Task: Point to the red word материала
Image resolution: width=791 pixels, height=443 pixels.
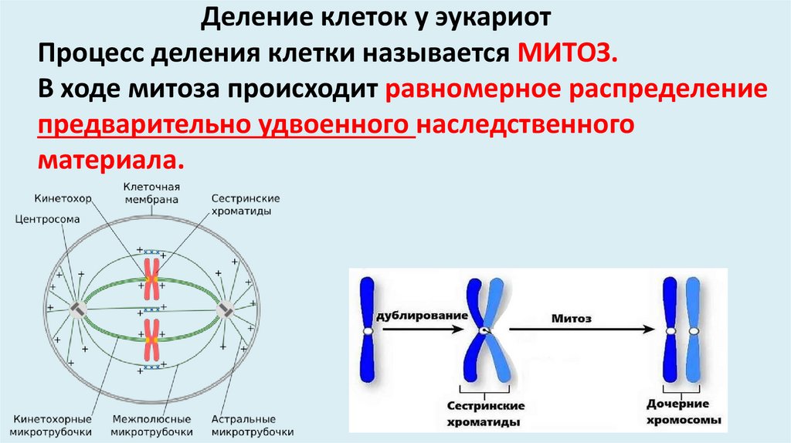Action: [109, 159]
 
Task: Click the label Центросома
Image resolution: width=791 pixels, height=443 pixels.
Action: [47, 218]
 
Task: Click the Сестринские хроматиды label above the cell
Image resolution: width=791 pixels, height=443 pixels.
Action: [246, 204]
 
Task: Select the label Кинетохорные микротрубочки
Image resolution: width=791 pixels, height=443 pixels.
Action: [53, 424]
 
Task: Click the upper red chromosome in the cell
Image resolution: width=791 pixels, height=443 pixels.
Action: [151, 279]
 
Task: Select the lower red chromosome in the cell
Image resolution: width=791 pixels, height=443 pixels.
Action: [151, 340]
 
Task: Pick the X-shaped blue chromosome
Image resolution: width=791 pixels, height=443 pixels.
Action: [484, 332]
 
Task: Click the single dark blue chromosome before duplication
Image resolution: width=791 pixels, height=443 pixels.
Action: [368, 330]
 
